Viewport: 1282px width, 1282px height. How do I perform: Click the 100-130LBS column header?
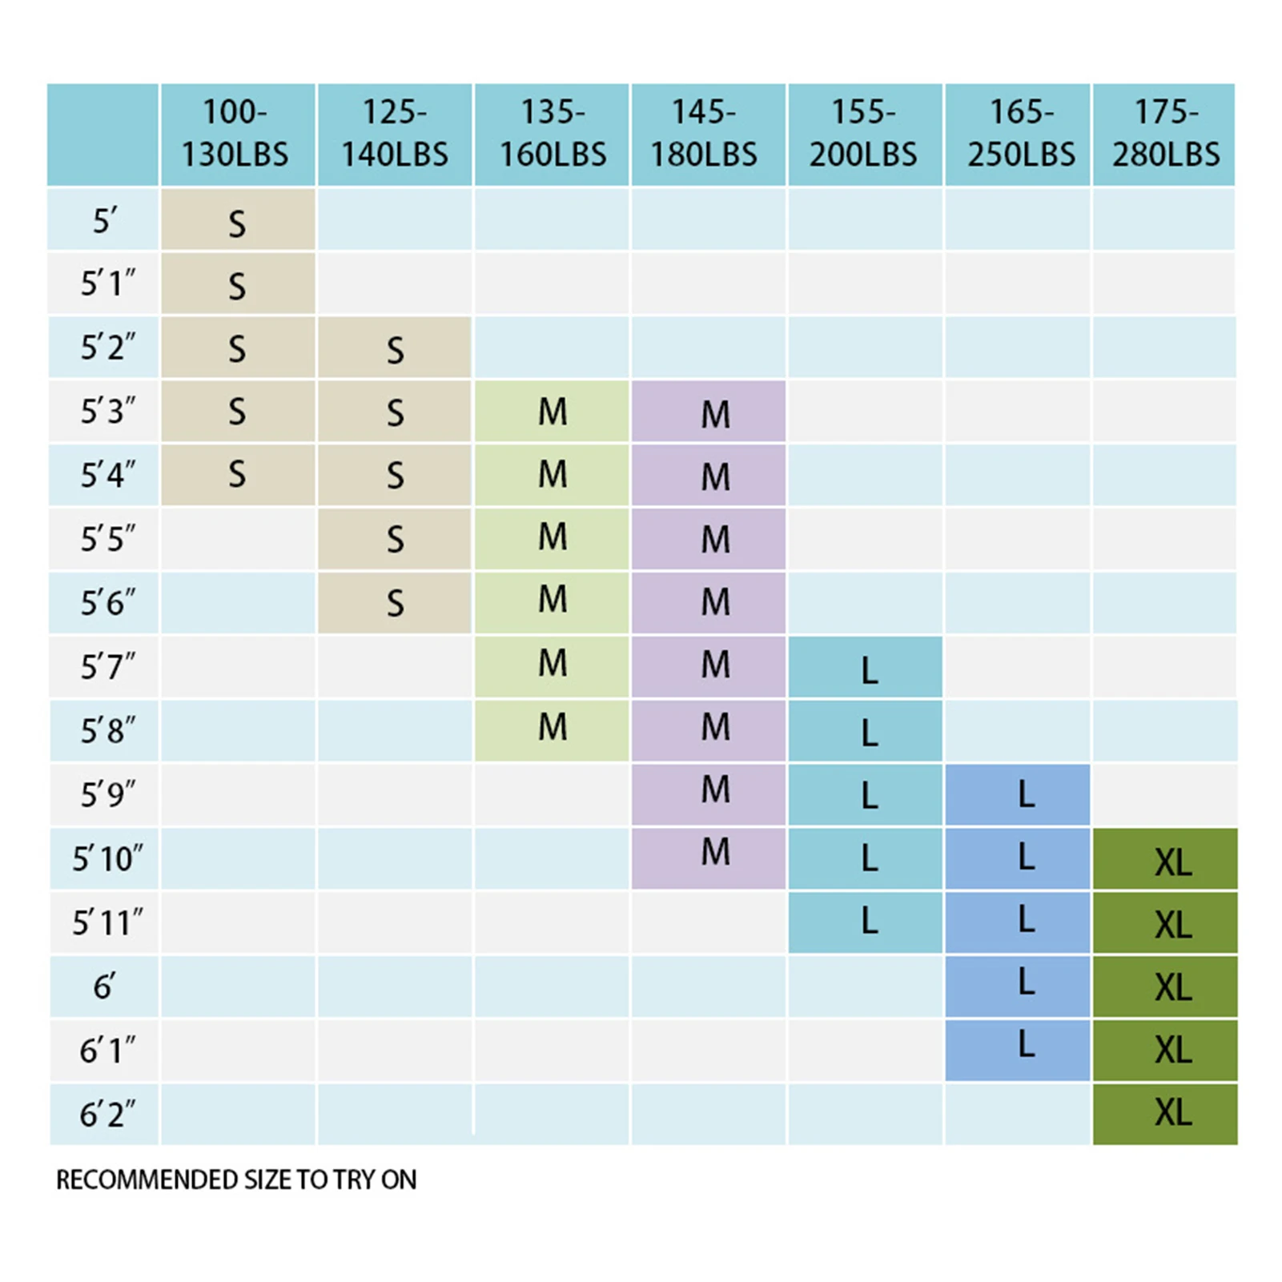(235, 134)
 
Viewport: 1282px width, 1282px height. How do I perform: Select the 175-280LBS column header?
(1165, 134)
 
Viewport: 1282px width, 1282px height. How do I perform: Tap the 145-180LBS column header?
(704, 134)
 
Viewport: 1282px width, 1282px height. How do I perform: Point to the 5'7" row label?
(106, 666)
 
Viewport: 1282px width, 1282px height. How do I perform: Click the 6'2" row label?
(106, 1114)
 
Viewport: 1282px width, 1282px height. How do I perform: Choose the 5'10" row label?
(106, 858)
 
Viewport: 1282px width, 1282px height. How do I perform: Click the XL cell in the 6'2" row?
(1172, 1113)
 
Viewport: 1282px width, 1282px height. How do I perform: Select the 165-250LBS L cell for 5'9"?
(1025, 794)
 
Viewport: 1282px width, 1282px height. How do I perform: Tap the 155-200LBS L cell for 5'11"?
(869, 922)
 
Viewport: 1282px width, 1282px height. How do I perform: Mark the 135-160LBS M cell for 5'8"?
(552, 728)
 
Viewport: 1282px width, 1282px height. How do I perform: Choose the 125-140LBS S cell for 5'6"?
(395, 603)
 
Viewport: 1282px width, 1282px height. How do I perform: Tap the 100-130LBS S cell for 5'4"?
(237, 474)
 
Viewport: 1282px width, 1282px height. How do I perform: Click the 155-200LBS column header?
(862, 134)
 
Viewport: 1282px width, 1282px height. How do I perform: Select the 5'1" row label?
(106, 283)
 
